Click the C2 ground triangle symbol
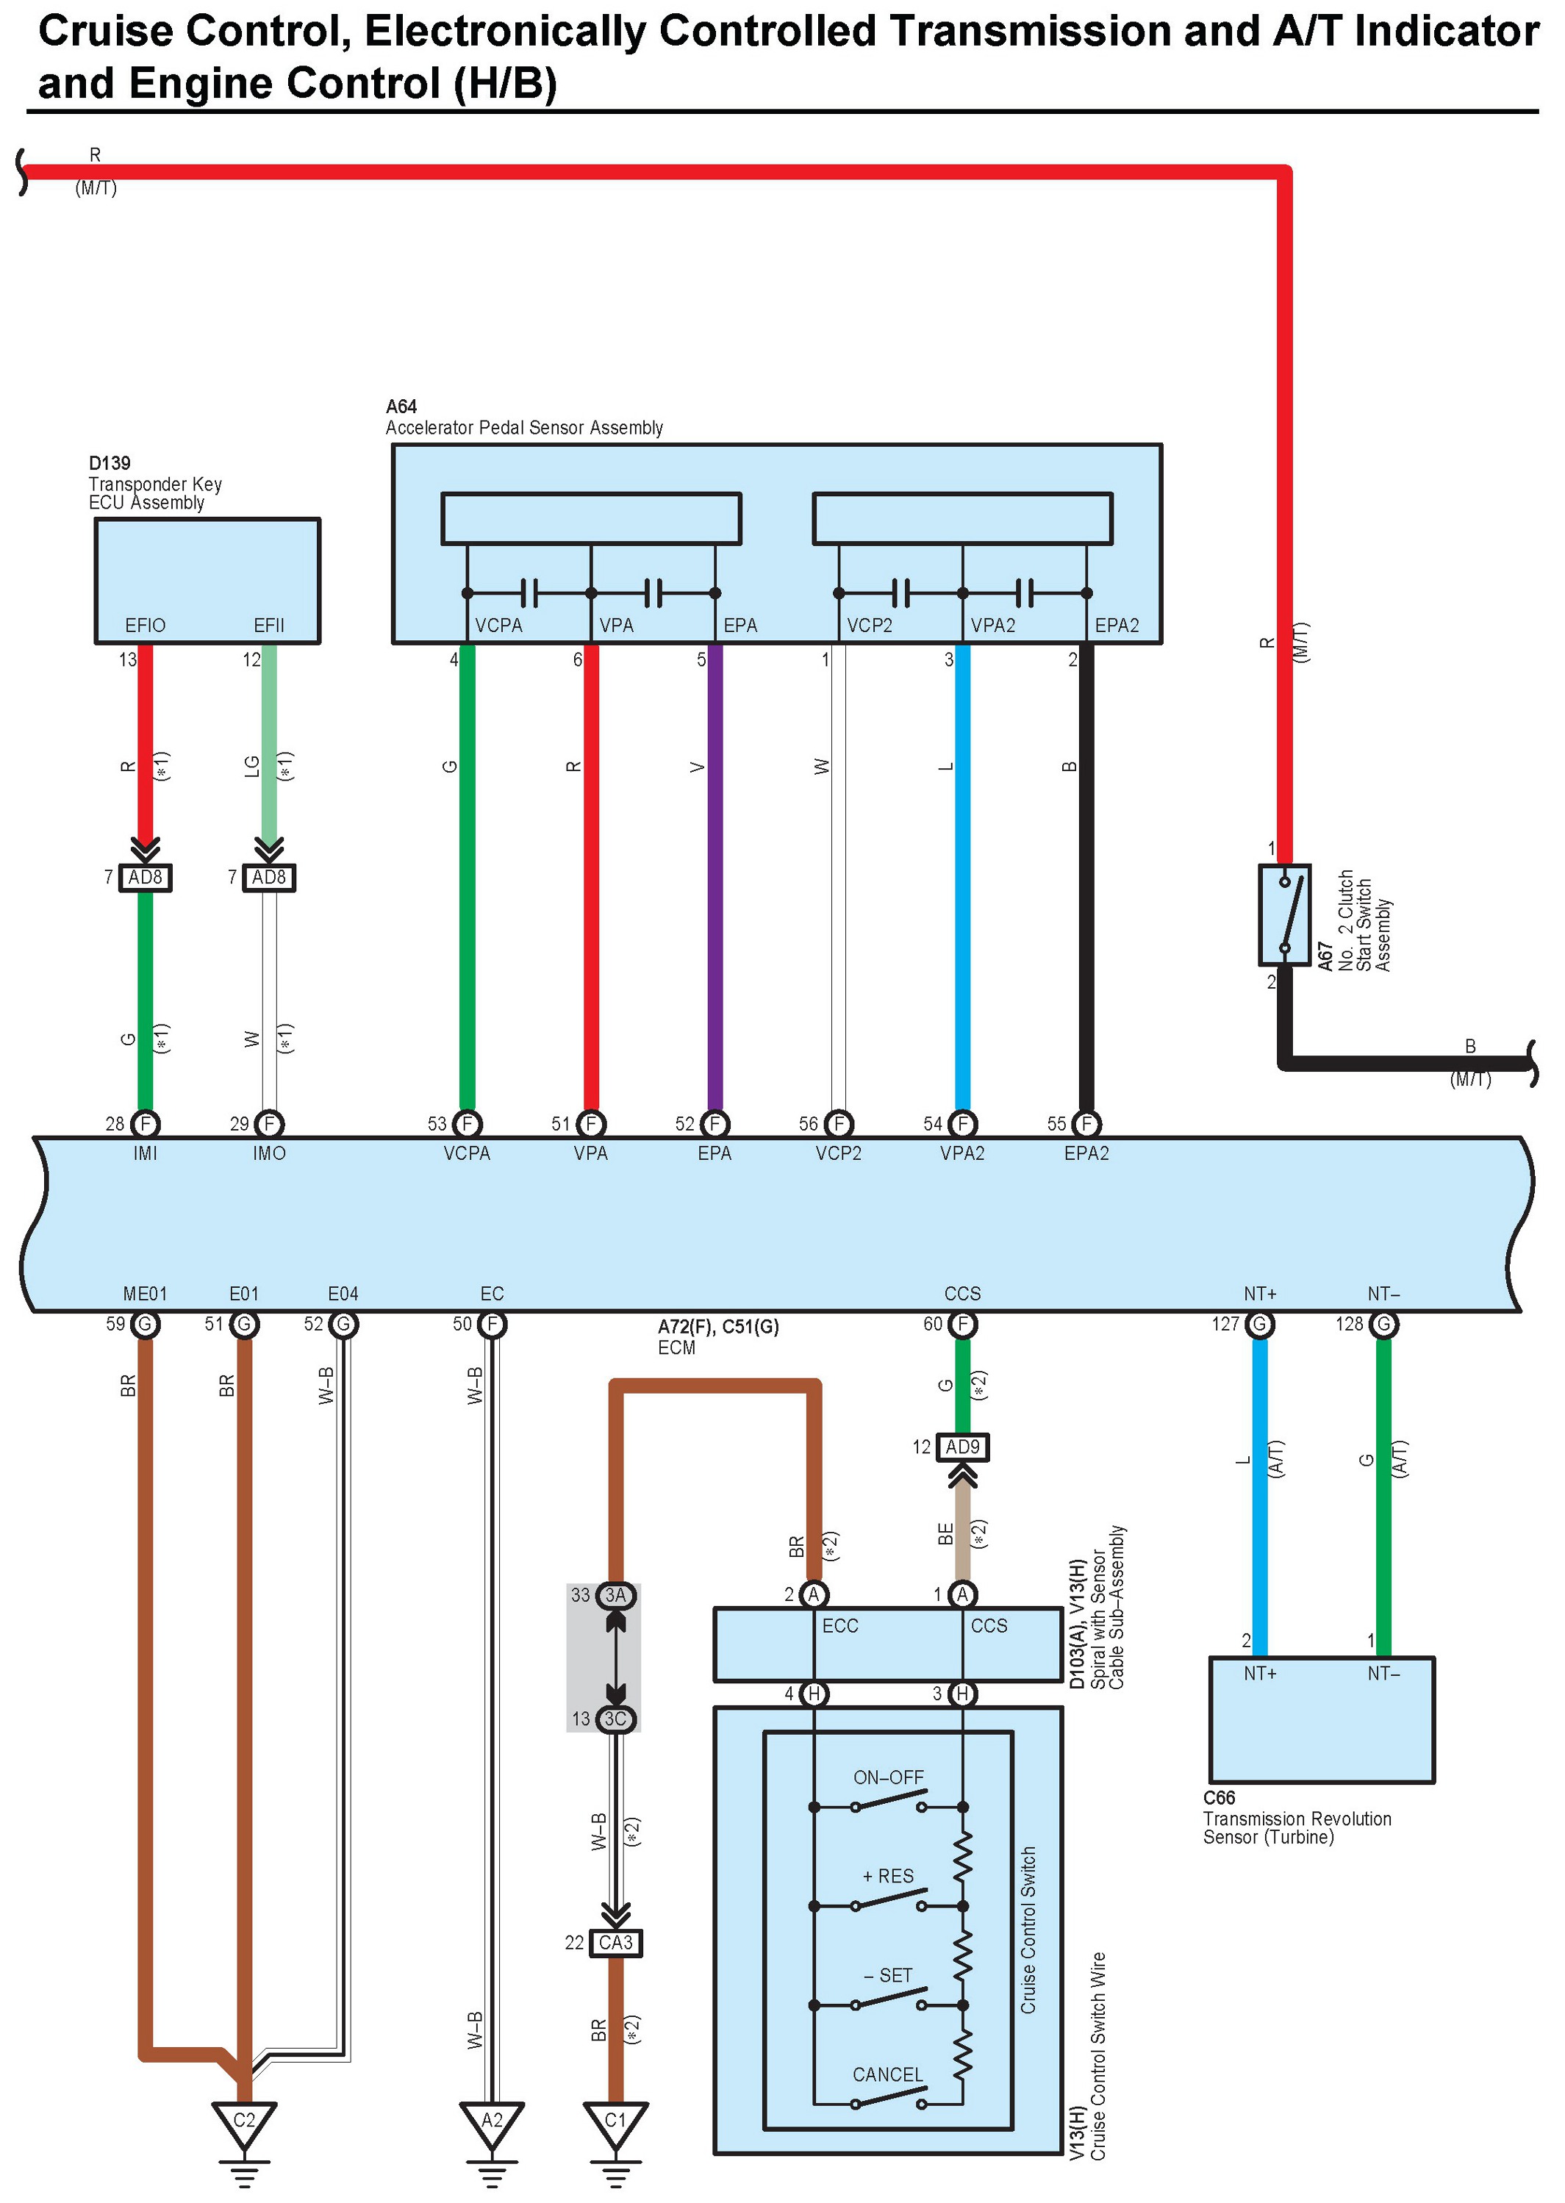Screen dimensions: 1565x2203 245,2123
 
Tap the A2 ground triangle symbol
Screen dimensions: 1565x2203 492,2123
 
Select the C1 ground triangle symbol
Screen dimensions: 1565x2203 615,2123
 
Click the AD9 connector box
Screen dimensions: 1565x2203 963,1447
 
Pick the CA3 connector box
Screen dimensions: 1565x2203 615,1942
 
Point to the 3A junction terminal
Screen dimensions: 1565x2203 615,1595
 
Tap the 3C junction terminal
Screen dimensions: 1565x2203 615,1719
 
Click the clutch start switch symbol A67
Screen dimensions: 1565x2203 1285,914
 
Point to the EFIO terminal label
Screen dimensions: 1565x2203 146,626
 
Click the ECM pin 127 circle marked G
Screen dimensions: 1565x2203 1259,1324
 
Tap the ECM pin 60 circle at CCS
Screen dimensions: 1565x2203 961,1324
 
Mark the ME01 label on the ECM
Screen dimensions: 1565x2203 146,1293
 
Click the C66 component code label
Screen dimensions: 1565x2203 1219,1798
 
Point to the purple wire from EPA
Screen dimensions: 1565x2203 715,877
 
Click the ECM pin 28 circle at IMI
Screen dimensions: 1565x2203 146,1124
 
